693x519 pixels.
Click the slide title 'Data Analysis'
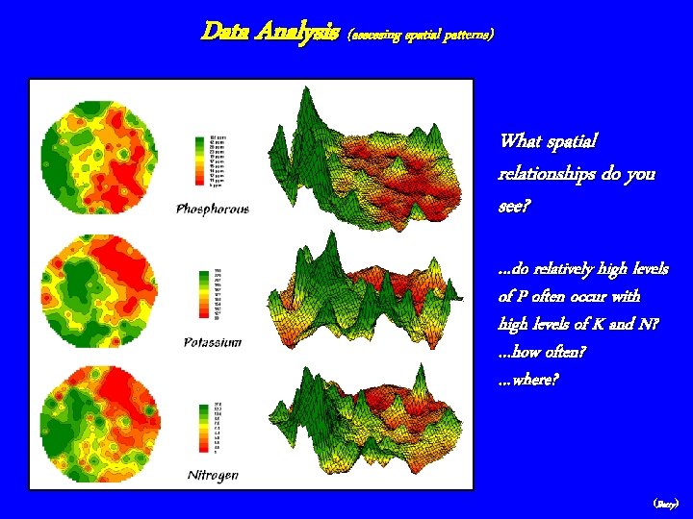269,32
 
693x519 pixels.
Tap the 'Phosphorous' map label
212,209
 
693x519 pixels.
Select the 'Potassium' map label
212,342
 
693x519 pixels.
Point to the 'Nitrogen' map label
213,475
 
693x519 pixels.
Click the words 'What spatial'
548,141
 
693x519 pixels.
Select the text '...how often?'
543,352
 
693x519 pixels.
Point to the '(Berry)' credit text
666,503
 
